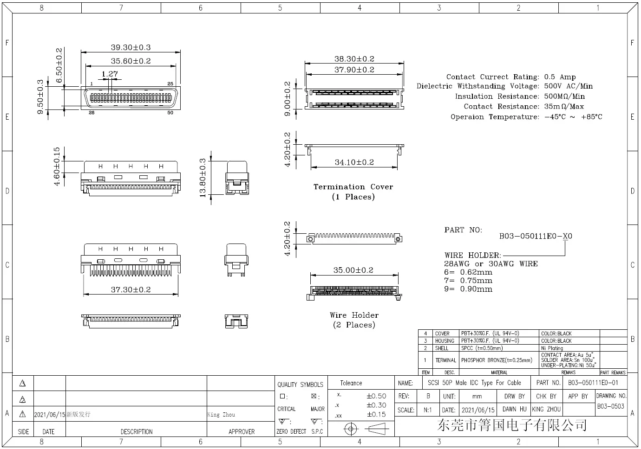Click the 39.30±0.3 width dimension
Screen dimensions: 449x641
(131, 47)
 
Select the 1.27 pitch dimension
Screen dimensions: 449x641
(110, 74)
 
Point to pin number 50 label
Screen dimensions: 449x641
(170, 113)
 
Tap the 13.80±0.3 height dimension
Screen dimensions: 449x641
(203, 178)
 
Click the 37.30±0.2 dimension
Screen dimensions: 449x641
(131, 289)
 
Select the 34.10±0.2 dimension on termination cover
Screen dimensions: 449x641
(354, 162)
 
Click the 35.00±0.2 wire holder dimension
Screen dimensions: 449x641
(353, 270)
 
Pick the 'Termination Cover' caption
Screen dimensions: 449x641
(353, 187)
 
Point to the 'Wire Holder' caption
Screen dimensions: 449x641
(354, 315)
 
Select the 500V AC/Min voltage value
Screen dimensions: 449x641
(568, 86)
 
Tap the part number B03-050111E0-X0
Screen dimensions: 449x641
(536, 236)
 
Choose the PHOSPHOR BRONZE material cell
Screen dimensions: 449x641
(497, 360)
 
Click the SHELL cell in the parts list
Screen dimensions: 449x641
(442, 348)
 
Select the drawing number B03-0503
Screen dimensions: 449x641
(610, 406)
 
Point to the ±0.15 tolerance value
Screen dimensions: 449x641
(376, 415)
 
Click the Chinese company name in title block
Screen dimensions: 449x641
(511, 425)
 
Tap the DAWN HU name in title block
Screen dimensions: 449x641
(514, 409)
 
